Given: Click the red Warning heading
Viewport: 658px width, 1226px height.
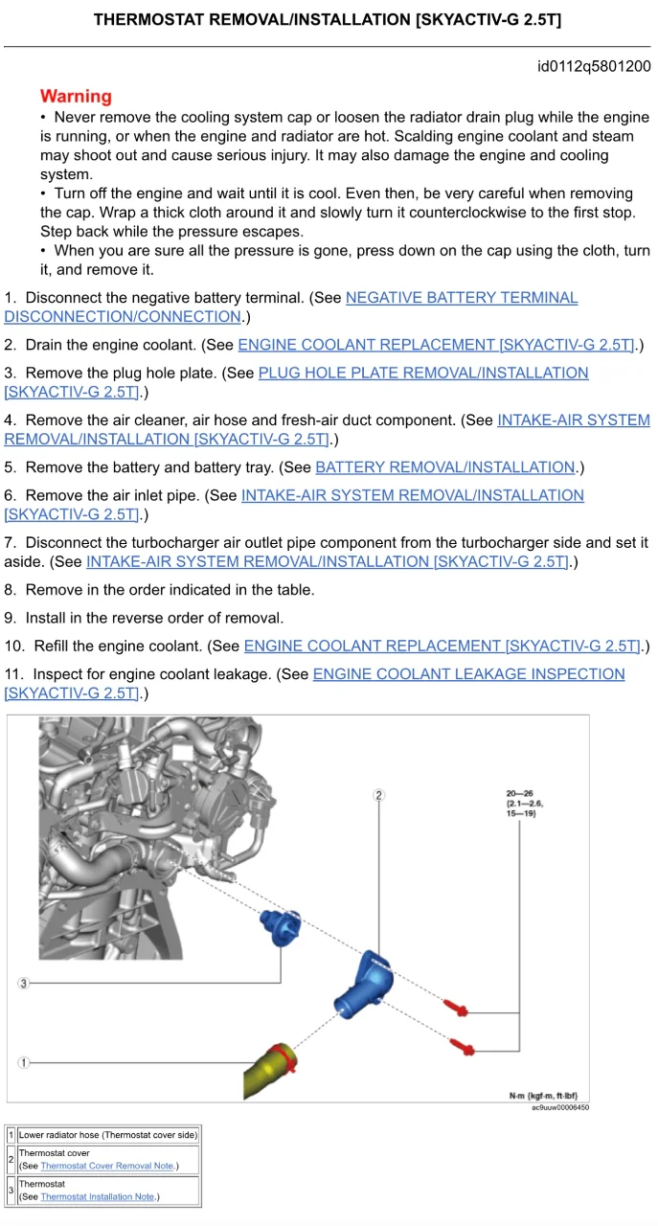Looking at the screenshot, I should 76,97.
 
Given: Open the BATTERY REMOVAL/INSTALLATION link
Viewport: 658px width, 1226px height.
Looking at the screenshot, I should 444,467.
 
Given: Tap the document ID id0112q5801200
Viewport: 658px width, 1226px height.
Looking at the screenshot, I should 594,67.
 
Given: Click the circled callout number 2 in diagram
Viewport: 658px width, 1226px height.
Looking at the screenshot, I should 379,795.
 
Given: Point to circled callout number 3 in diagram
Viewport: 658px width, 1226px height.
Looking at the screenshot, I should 24,983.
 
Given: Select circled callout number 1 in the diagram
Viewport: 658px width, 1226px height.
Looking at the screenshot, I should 24,1062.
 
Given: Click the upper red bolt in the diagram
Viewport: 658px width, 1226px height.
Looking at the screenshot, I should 456,1006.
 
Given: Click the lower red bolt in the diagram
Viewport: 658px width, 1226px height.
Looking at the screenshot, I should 463,1045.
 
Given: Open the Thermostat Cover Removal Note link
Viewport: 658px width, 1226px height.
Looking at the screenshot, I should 107,1166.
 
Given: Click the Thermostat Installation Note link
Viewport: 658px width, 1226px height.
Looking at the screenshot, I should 98,1196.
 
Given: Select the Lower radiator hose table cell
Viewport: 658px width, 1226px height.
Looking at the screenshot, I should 107,1135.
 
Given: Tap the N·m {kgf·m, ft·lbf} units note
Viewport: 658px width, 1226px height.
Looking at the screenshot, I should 543,1096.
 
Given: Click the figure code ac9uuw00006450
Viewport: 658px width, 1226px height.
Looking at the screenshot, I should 560,1107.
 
